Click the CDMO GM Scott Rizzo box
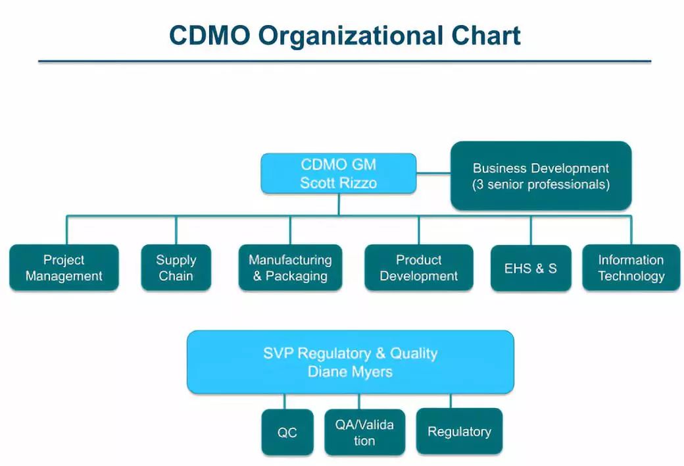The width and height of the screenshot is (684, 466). [x=338, y=173]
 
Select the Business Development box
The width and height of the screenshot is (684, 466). [x=541, y=176]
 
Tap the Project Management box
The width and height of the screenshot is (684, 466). [x=64, y=268]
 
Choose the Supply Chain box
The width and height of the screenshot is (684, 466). [x=176, y=268]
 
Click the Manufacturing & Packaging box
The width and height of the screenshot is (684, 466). [x=290, y=268]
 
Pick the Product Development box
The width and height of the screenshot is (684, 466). [x=418, y=268]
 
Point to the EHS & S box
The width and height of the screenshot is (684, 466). [x=530, y=269]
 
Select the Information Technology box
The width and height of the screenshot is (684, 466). [x=631, y=268]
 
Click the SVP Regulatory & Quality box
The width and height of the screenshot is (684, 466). [x=350, y=362]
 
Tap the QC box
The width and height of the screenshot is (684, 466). [x=287, y=432]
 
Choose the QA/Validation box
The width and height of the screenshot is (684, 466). [x=364, y=432]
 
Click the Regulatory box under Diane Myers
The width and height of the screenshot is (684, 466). [x=459, y=432]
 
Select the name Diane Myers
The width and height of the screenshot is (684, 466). [x=350, y=372]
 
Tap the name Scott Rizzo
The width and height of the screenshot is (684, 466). [x=338, y=183]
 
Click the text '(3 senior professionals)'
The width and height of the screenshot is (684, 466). [x=541, y=185]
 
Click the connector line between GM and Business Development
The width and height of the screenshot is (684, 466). [x=433, y=173]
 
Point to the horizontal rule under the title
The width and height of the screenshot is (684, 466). [x=345, y=61]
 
